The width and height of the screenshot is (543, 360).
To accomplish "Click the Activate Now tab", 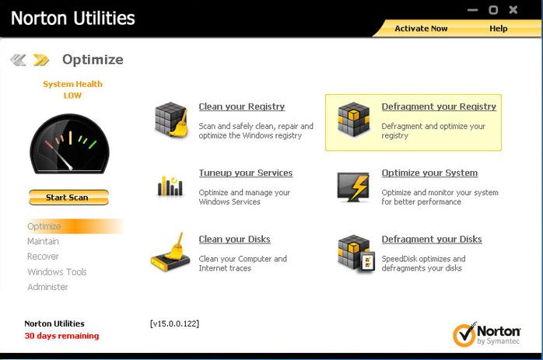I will click(x=421, y=29).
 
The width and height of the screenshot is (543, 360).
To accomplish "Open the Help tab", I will click(x=498, y=29).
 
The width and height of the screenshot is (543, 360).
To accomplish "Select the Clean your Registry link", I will click(x=241, y=107).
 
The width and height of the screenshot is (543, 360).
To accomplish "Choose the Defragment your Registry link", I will click(x=438, y=107).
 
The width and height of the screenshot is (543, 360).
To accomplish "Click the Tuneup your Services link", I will click(x=245, y=173).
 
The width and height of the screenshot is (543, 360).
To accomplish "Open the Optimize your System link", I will click(x=429, y=173).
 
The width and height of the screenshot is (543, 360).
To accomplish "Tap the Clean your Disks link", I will click(x=234, y=239).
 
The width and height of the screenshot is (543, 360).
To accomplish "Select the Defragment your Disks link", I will click(x=431, y=239).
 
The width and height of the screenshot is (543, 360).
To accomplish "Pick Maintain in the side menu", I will click(x=43, y=241).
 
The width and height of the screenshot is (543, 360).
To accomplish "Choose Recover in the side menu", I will click(x=43, y=257).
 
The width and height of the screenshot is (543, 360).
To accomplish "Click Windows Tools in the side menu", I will click(x=57, y=272).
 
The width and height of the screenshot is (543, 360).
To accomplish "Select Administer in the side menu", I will click(x=47, y=287).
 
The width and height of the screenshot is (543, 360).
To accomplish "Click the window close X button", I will click(x=513, y=9).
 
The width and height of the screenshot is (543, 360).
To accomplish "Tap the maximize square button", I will click(x=493, y=9).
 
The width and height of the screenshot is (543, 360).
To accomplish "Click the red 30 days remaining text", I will click(x=61, y=336).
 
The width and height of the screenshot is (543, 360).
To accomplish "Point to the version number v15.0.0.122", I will click(x=174, y=323).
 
